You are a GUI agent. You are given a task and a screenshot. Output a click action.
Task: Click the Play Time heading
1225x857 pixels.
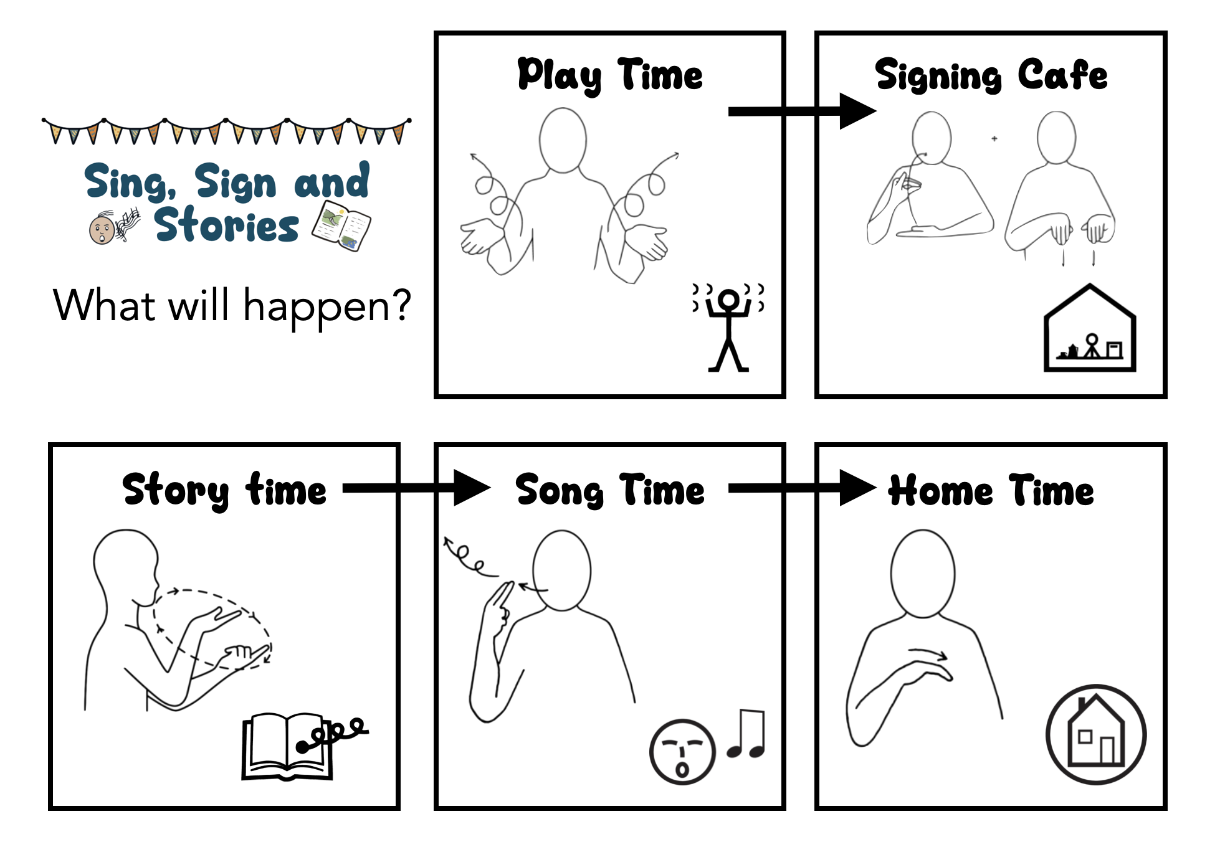pyautogui.click(x=609, y=76)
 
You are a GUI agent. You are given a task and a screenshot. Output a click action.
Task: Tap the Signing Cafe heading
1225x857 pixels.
pyautogui.click(x=991, y=76)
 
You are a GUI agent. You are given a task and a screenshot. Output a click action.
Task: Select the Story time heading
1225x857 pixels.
pyautogui.click(x=224, y=490)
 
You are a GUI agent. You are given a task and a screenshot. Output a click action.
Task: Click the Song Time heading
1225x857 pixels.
pyautogui.click(x=609, y=490)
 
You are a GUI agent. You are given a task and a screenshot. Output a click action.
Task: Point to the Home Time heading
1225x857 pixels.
pyautogui.click(x=991, y=490)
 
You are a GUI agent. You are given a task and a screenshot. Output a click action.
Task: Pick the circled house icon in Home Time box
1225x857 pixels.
pyautogui.click(x=1095, y=735)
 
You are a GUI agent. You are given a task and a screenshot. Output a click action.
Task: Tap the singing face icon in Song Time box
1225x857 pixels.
pyautogui.click(x=682, y=752)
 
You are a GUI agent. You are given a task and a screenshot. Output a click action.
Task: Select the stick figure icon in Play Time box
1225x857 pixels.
pyautogui.click(x=728, y=327)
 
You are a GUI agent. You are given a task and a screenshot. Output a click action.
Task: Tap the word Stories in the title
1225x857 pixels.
pyautogui.click(x=227, y=225)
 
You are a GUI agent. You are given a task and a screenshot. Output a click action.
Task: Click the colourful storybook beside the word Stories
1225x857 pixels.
pyautogui.click(x=341, y=225)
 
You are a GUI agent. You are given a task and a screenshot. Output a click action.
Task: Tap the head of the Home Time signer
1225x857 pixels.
pyautogui.click(x=922, y=573)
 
